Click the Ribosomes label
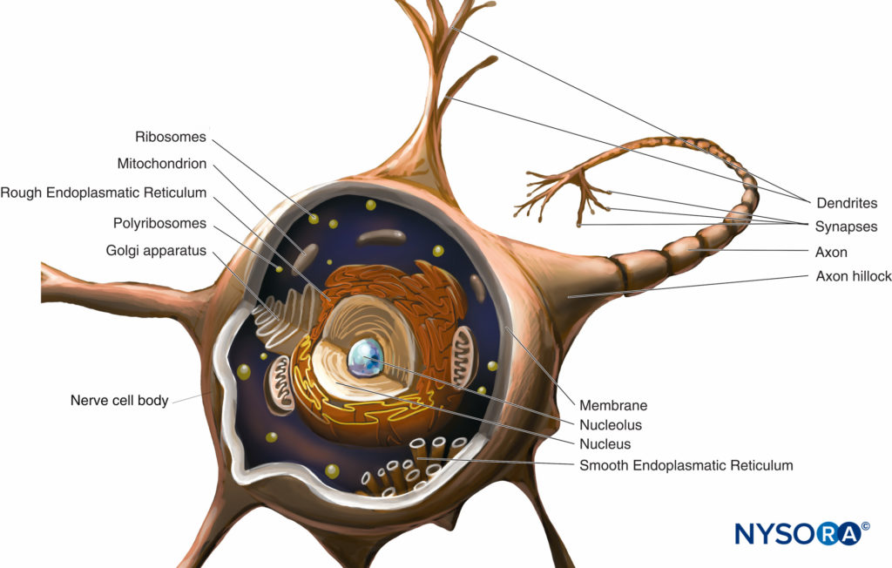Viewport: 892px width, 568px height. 170,137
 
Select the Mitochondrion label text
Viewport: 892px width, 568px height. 161,164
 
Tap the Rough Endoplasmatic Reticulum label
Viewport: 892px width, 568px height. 104,193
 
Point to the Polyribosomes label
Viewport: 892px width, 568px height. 159,224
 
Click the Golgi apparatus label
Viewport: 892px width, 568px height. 156,251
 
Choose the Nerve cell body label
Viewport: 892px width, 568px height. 119,401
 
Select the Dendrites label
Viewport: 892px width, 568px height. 847,203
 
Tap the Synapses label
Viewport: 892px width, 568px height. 846,227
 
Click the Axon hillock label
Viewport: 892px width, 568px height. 854,277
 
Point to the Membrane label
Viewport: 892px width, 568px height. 613,406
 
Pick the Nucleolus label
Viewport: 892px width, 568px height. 611,425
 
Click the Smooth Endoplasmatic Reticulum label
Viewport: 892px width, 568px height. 686,465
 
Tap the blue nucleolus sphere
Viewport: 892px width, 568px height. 365,358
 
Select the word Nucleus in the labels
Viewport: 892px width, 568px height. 605,444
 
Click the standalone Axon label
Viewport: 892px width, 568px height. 831,252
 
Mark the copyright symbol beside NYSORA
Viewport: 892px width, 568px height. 865,526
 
